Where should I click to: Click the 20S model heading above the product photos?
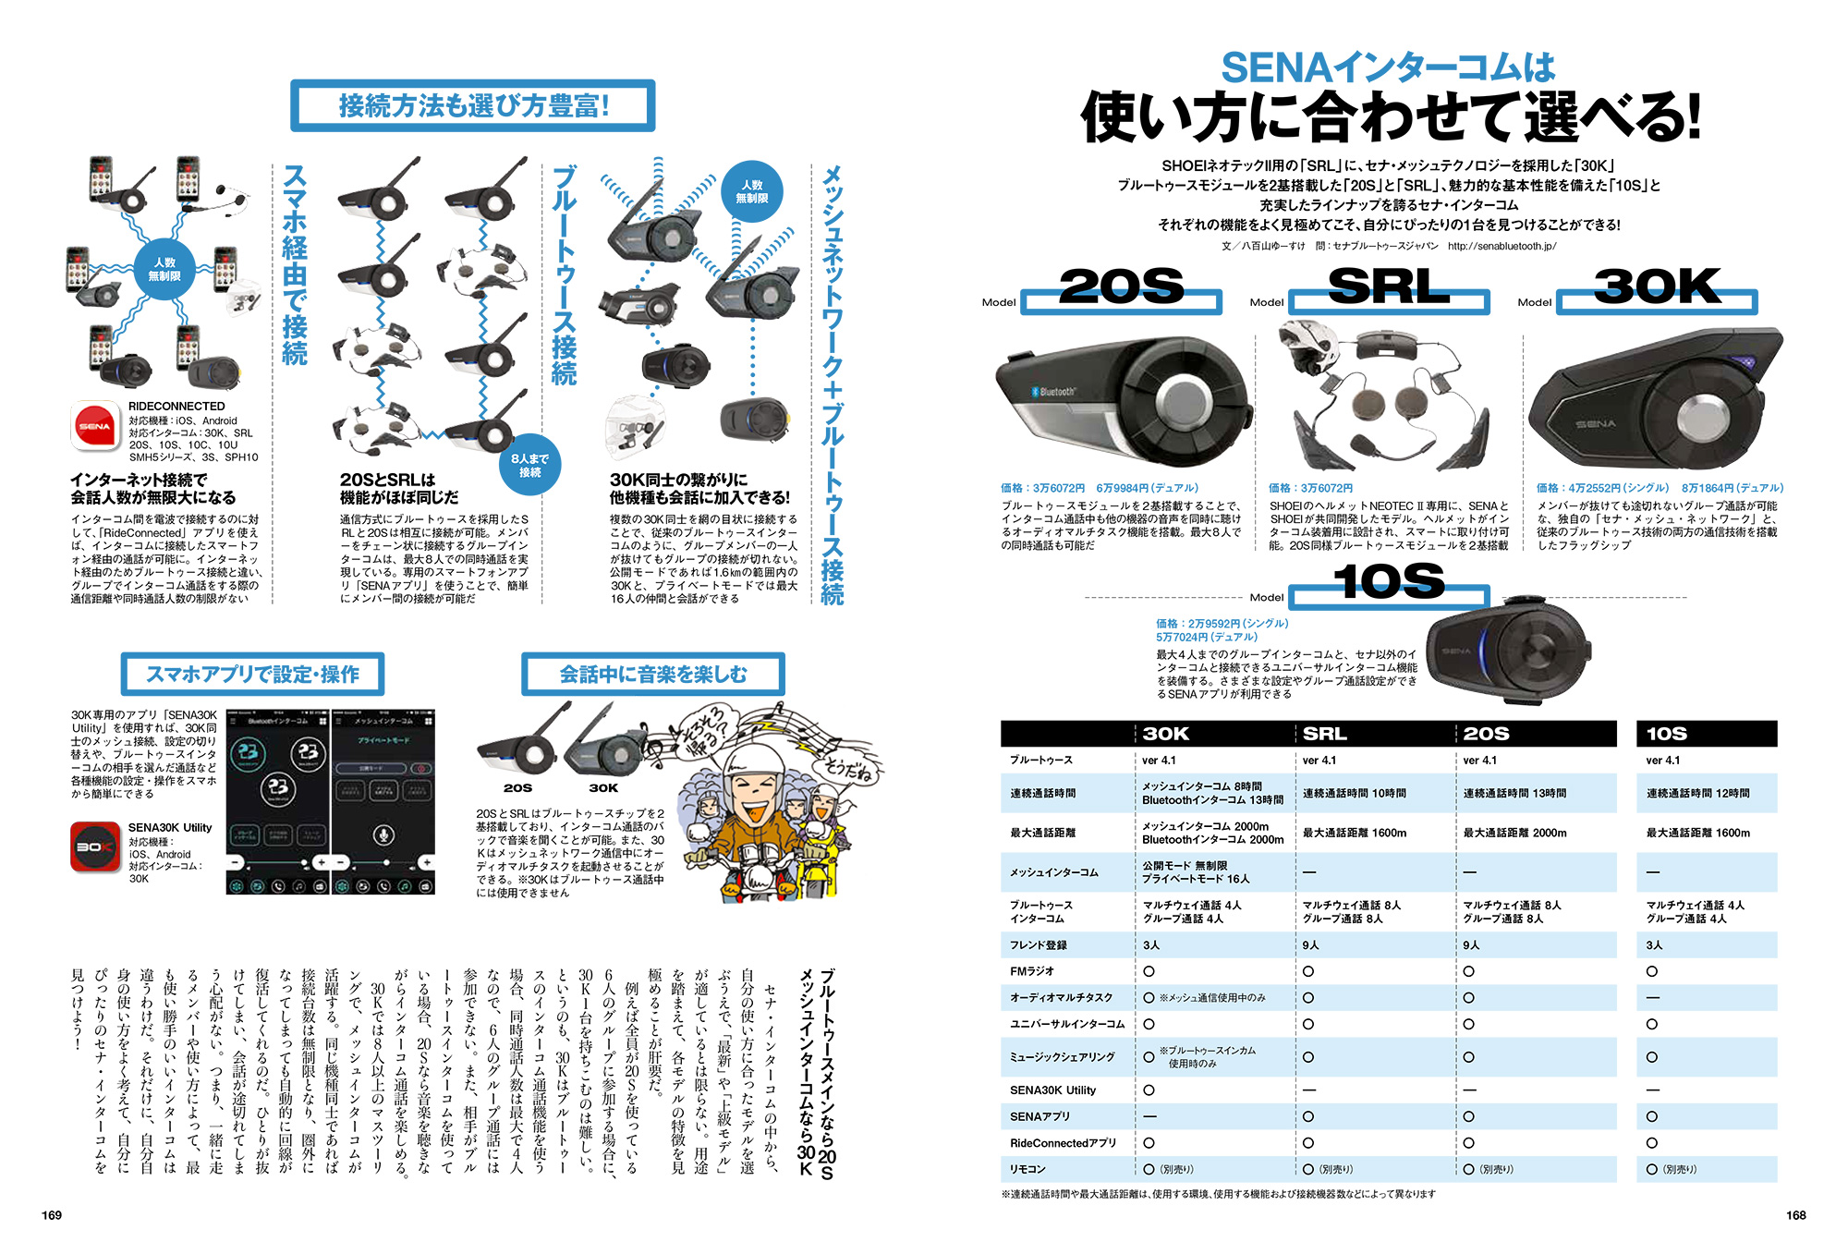click(1121, 287)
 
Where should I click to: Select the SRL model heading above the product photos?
click(1388, 287)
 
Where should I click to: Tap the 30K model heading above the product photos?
click(1657, 287)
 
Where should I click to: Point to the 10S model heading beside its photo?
click(1389, 582)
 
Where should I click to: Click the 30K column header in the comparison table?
click(1166, 734)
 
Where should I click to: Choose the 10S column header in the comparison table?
click(1667, 734)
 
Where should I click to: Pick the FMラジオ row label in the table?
click(1032, 971)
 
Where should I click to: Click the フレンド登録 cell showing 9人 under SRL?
click(1311, 945)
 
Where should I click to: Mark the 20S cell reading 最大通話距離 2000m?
click(1514, 833)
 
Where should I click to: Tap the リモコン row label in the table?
click(1027, 1169)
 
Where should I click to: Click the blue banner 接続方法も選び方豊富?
click(473, 106)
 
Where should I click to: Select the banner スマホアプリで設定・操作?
click(252, 675)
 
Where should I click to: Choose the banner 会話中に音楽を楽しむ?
click(652, 675)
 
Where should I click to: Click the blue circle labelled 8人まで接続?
click(529, 465)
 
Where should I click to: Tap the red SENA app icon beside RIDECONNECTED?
click(95, 426)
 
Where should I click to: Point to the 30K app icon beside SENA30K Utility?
click(95, 846)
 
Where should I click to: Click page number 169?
click(52, 1215)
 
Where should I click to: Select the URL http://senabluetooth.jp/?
click(1501, 246)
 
